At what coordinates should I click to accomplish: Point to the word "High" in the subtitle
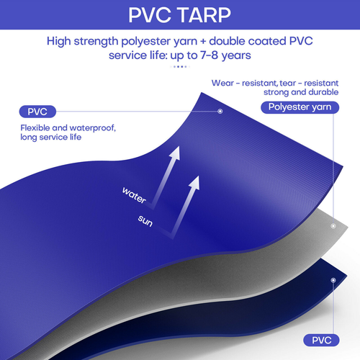pyautogui.click(x=61, y=41)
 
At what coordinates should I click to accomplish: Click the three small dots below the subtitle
pyautogui.click(x=180, y=67)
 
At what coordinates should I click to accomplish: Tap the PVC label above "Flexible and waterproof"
pyautogui.click(x=37, y=112)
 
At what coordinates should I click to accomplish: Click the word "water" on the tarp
pyautogui.click(x=135, y=193)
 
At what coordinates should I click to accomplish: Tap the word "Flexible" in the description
pyautogui.click(x=38, y=128)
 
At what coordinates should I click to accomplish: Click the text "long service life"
pyautogui.click(x=50, y=138)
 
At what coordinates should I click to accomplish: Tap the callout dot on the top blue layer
pyautogui.click(x=220, y=112)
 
